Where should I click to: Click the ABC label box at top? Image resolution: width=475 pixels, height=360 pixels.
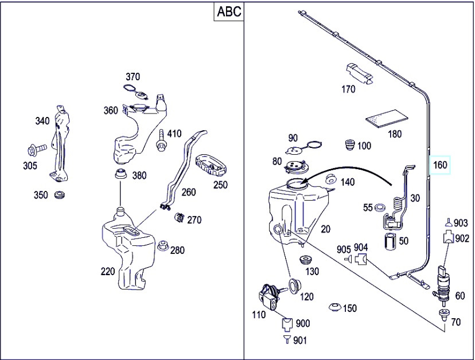pos(229,11)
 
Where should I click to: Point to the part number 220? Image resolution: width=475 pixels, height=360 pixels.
pos(108,271)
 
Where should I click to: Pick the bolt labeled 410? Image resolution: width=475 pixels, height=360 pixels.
pos(162,140)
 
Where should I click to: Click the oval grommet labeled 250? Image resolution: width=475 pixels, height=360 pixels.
pos(212,165)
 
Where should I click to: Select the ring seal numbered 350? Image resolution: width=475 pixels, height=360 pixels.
pos(59,195)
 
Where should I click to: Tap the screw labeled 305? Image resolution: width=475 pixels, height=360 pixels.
pos(35,151)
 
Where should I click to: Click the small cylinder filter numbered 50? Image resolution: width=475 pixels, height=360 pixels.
pos(390,241)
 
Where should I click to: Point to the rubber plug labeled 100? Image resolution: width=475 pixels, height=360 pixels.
pos(349,146)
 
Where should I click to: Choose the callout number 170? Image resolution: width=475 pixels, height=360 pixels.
pos(348,89)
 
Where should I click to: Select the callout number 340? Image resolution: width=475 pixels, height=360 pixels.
pos(42,121)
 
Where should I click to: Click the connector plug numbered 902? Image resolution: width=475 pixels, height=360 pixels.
pos(447,237)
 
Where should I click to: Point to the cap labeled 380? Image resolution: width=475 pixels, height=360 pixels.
pos(120,174)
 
